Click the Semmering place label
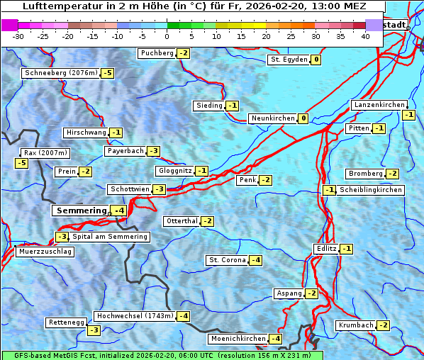tap(81, 210)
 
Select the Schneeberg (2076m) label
tap(60, 73)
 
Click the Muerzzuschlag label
tap(45, 252)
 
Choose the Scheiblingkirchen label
tap(371, 190)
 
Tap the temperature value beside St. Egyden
tap(316, 60)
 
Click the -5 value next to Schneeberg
tap(108, 73)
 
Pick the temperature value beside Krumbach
tap(383, 325)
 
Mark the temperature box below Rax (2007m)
tap(21, 164)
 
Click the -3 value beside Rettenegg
tap(94, 330)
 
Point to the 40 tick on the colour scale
tap(365, 36)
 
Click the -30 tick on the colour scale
tap(18, 36)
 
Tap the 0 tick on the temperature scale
tap(167, 36)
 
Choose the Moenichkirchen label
tap(238, 339)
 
